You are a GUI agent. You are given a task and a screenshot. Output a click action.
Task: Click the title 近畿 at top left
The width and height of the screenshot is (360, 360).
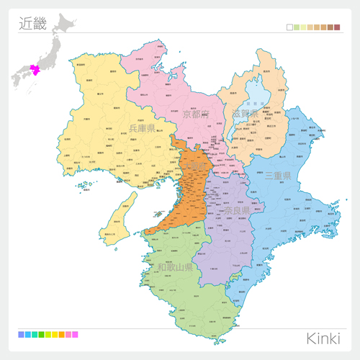click(x=32, y=23)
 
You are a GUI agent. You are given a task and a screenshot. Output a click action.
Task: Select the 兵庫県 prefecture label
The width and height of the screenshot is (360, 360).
click(x=142, y=128)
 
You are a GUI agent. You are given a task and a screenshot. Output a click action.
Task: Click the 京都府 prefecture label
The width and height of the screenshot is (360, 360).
click(x=195, y=114)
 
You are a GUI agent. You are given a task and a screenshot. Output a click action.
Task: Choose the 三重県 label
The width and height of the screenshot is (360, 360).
click(x=277, y=176)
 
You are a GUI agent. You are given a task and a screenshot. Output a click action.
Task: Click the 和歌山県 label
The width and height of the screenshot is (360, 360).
click(x=176, y=267)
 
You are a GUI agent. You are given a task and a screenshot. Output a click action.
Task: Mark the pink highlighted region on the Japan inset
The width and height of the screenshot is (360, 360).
click(x=33, y=70)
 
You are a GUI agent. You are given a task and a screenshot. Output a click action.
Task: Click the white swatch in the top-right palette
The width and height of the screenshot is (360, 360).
click(x=289, y=27)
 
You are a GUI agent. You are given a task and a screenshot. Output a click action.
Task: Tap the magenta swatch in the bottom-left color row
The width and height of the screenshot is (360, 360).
click(x=75, y=335)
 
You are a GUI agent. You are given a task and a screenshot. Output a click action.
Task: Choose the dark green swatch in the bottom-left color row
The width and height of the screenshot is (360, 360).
click(x=41, y=335)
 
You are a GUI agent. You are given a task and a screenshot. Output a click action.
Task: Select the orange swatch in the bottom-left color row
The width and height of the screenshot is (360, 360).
click(x=61, y=335)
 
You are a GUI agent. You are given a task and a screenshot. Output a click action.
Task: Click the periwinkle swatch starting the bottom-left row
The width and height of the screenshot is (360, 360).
click(x=21, y=335)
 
